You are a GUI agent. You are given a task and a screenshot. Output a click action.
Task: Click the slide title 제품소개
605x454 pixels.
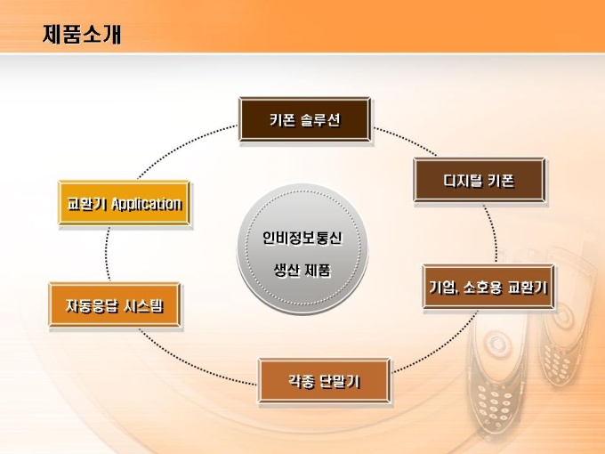tap(82, 35)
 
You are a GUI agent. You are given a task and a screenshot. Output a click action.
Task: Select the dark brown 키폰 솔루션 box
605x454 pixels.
tap(305, 119)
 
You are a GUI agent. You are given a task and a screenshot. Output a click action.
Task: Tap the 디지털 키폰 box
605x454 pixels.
tap(480, 180)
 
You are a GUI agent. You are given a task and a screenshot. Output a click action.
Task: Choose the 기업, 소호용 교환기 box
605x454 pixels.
tap(488, 287)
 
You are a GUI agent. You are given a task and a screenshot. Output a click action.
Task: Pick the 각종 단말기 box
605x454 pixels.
tap(324, 381)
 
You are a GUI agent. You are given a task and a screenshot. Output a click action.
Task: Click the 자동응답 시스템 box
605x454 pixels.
tap(115, 305)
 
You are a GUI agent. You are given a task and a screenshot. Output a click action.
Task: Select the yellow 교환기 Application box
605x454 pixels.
tap(125, 203)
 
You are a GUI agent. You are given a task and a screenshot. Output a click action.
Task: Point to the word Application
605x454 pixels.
tap(147, 204)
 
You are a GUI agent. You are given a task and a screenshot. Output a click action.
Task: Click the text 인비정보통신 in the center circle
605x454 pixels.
tap(302, 238)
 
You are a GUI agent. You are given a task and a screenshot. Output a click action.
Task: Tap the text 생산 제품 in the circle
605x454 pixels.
tap(302, 270)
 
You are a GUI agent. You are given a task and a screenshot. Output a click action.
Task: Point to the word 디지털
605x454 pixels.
tap(461, 181)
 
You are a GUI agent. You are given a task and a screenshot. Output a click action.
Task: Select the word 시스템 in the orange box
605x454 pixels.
tap(143, 305)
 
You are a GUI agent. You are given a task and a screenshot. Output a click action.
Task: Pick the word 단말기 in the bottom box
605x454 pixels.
tap(340, 381)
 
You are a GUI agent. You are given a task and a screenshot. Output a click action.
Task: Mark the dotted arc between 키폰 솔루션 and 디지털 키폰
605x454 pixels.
tap(407, 140)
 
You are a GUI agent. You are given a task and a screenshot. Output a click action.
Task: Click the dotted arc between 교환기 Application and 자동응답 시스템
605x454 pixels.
tap(107, 254)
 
